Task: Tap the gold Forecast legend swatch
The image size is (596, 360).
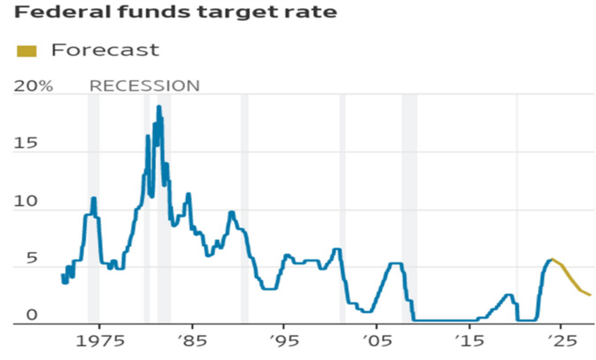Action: coord(26,51)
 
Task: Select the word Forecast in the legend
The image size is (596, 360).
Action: coord(105,50)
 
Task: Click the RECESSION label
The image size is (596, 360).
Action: coord(144,86)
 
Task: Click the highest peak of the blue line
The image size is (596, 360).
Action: coord(159,106)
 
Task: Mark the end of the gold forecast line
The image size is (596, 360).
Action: coord(590,295)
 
